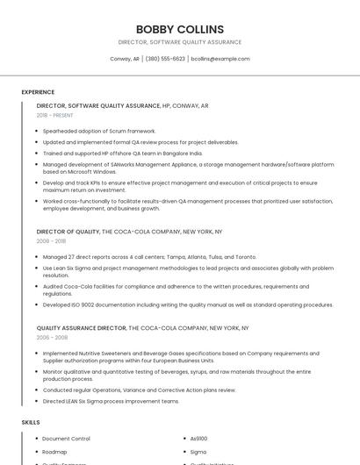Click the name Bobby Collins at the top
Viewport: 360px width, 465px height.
180,29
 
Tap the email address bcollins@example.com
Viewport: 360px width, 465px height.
220,59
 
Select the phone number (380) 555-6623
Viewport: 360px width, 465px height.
165,59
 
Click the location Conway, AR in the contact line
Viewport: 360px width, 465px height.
125,59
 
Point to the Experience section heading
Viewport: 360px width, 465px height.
38,92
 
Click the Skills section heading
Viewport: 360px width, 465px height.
31,423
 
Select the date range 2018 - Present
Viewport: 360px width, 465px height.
55,115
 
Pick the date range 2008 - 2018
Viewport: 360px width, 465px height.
51,240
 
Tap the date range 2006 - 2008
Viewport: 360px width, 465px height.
51,337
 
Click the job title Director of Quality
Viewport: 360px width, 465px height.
68,232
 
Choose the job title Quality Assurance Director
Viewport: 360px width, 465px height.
82,328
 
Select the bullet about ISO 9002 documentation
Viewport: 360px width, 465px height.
187,304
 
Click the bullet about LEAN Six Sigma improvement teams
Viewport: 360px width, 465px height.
111,401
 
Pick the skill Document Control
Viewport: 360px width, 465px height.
66,438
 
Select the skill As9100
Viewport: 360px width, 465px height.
199,438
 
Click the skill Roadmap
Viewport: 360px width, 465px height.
54,452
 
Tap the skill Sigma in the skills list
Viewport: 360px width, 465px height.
198,452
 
